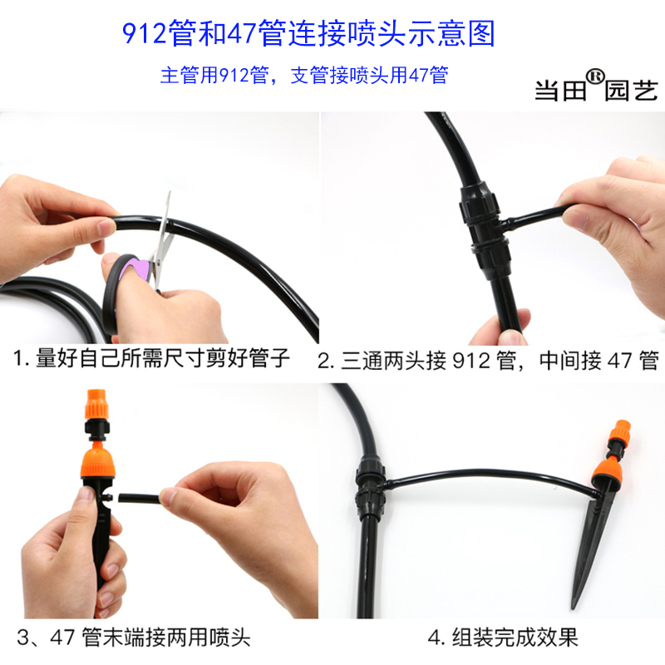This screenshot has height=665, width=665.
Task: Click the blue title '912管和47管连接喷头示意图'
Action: click(308, 33)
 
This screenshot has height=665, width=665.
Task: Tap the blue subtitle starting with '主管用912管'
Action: click(303, 76)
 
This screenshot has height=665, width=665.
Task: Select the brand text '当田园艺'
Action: click(594, 90)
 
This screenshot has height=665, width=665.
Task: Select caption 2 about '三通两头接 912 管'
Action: click(488, 360)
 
